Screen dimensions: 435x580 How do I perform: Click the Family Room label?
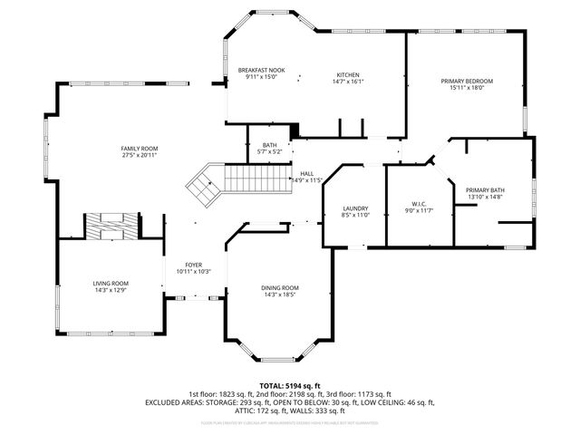pyautogui.click(x=140, y=148)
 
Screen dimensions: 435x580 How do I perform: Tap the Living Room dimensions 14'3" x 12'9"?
pyautogui.click(x=111, y=290)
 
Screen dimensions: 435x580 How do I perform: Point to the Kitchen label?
pyautogui.click(x=349, y=74)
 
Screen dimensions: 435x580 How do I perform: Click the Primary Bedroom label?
pyautogui.click(x=463, y=81)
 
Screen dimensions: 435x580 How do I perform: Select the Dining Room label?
pyautogui.click(x=280, y=287)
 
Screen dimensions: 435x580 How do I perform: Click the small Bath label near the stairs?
pyautogui.click(x=269, y=145)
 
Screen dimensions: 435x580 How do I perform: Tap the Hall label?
pyautogui.click(x=307, y=173)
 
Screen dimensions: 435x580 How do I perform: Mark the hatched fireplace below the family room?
pyautogui.click(x=112, y=226)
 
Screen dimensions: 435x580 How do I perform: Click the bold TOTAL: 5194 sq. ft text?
pyautogui.click(x=290, y=386)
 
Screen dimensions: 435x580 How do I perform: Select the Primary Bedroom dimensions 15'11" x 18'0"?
pyautogui.click(x=463, y=88)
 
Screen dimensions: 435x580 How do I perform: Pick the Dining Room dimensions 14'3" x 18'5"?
pyautogui.click(x=280, y=295)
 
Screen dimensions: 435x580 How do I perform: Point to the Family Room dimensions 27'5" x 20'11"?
pyautogui.click(x=140, y=155)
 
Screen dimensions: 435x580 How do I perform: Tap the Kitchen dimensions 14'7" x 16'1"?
pyautogui.click(x=349, y=82)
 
